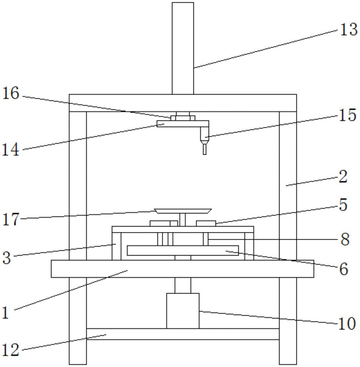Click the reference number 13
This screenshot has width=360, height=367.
coord(348,30)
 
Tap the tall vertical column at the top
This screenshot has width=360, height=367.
coord(183,48)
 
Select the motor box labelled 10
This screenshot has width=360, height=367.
coord(183,310)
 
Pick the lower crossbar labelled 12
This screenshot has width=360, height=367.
coord(183,334)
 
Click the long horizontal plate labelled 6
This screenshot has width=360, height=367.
coord(183,251)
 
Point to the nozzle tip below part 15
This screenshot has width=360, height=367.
coord(205,149)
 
